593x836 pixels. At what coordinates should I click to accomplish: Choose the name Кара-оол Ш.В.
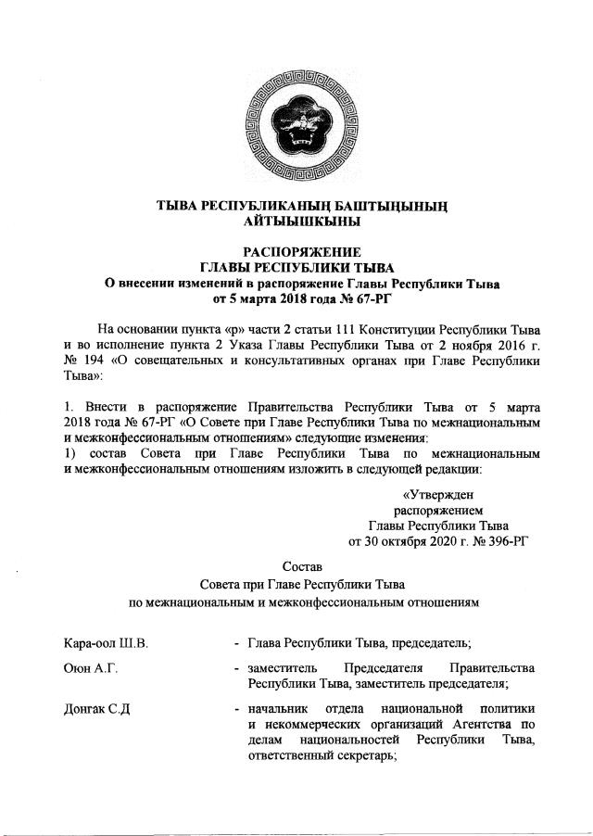tap(103, 642)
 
